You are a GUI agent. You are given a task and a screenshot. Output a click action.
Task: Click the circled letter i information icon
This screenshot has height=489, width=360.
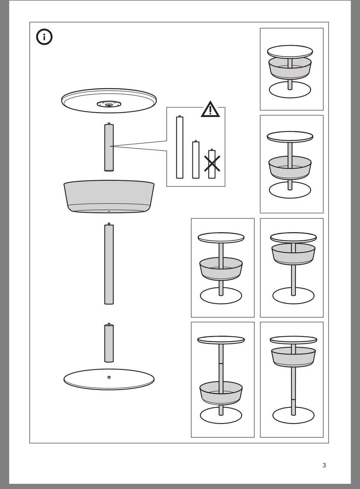tap(44, 37)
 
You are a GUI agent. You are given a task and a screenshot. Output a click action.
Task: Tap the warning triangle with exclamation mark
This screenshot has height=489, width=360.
tap(210, 109)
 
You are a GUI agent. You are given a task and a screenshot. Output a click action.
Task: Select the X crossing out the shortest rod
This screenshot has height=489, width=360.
tap(212, 163)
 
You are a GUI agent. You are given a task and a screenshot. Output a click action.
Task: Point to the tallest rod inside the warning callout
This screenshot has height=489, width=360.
tap(180, 147)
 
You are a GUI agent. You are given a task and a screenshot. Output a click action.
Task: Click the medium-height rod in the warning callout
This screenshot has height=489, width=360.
tap(196, 159)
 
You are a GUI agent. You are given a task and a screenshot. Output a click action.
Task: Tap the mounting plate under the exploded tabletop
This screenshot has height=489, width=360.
tap(109, 104)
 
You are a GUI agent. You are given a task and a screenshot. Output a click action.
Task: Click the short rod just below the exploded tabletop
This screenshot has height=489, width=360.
tap(109, 147)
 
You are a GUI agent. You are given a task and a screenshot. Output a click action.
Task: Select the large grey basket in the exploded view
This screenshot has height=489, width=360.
tap(109, 196)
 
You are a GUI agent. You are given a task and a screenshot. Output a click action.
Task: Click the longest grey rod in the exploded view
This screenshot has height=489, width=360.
tap(109, 264)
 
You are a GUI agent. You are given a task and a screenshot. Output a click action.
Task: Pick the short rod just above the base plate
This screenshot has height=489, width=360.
tap(109, 342)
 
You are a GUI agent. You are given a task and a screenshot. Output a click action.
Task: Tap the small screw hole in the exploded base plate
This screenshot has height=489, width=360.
tap(109, 377)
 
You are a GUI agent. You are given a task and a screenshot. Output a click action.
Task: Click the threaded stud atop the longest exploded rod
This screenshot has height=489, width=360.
tap(109, 224)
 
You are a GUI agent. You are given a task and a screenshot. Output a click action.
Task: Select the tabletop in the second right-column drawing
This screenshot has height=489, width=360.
tap(290, 137)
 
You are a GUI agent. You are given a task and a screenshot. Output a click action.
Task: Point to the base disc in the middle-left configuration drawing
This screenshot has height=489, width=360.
tap(221, 295)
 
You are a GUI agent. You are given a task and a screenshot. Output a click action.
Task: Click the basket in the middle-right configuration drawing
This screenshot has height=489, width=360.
tap(293, 254)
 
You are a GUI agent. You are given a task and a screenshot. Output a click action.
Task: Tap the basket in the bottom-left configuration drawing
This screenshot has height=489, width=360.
tap(221, 393)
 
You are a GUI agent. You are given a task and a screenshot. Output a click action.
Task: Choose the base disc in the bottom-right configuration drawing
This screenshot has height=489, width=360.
tap(293, 415)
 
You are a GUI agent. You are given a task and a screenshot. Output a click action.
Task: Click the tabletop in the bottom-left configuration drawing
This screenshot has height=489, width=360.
tap(221, 340)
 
